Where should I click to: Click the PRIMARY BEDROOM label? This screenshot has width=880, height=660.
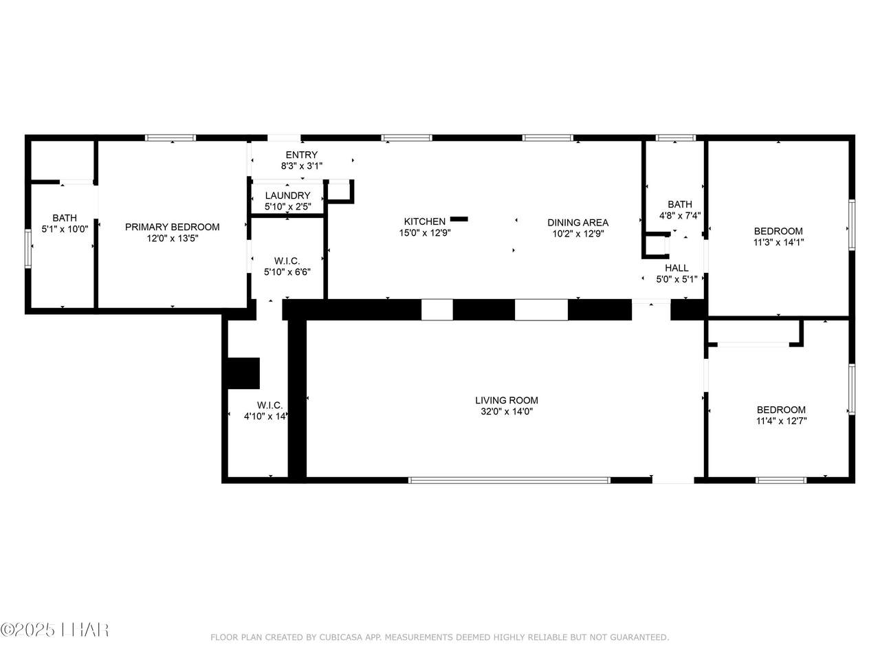tap(173, 227)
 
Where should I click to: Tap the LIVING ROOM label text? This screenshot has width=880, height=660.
tap(507, 400)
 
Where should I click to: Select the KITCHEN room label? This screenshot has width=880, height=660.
tap(425, 221)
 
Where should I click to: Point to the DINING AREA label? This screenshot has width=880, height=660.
tap(577, 222)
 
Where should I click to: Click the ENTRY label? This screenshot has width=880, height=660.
tap(302, 155)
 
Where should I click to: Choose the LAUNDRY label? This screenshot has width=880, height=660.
tap(287, 195)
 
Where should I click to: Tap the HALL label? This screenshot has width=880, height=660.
tap(676, 267)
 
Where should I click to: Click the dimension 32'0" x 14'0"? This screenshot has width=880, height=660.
tap(507, 411)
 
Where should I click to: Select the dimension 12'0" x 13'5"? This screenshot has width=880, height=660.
tap(173, 239)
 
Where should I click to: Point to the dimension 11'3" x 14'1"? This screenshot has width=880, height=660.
tap(778, 242)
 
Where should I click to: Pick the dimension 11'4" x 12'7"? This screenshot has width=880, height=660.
tap(782, 421)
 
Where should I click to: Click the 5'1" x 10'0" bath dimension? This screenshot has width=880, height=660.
tap(65, 229)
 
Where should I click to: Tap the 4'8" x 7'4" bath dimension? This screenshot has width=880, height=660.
tap(680, 216)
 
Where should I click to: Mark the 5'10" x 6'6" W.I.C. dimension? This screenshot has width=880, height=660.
tap(287, 272)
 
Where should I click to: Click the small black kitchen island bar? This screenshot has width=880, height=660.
tap(459, 219)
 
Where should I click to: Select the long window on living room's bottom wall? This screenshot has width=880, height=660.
tap(509, 480)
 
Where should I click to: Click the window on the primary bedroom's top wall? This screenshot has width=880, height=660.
tap(170, 138)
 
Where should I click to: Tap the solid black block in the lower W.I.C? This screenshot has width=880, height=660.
tap(243, 373)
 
